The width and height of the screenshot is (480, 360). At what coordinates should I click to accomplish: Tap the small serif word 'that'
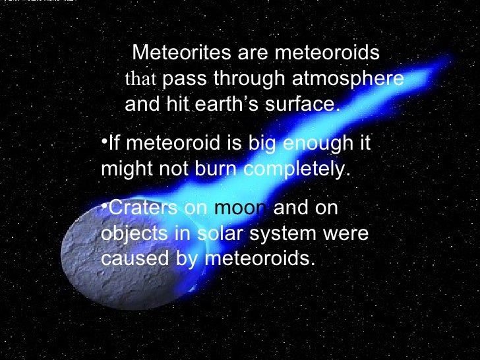pyautogui.click(x=140, y=80)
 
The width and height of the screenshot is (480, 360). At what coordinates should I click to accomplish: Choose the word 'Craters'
pyautogui.click(x=142, y=208)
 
